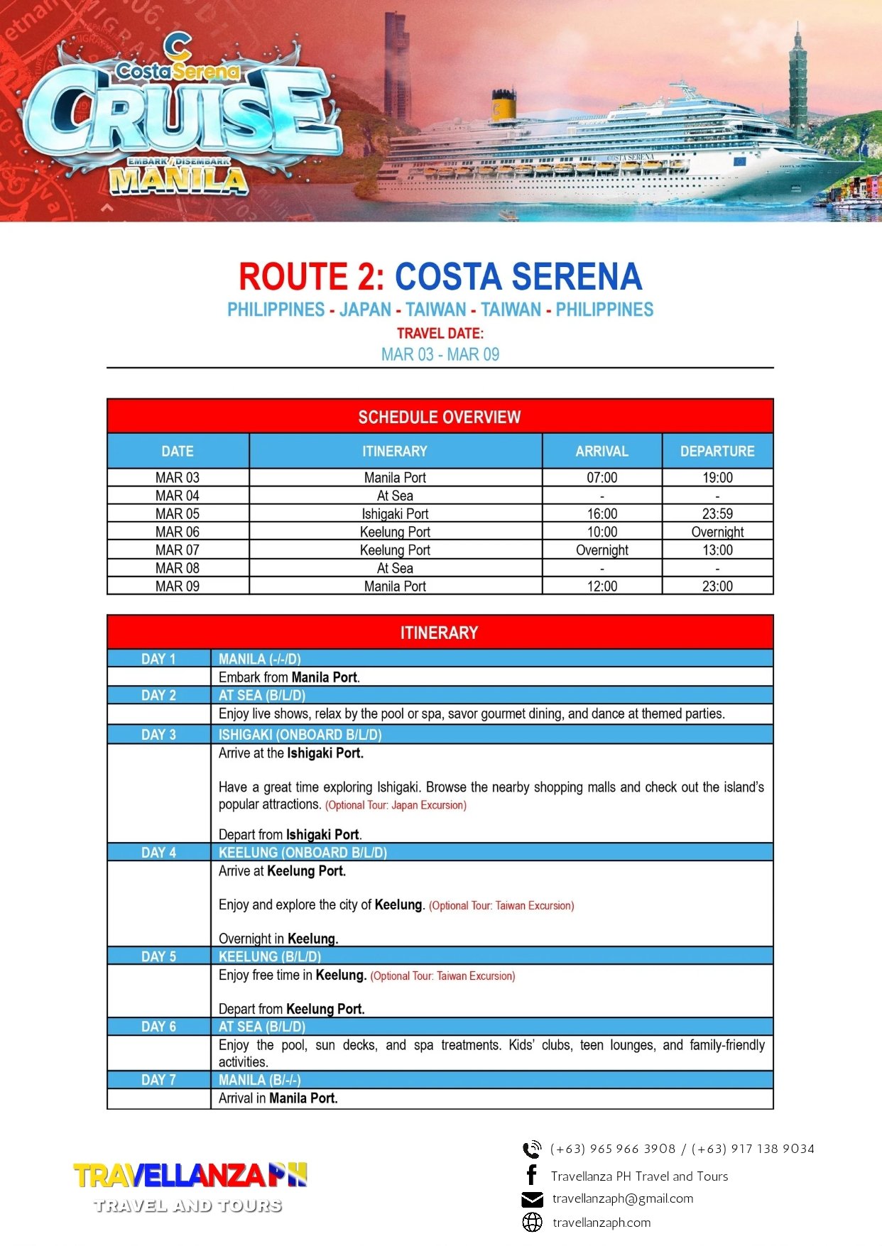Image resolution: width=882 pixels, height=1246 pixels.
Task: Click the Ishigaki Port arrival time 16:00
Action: click(601, 513)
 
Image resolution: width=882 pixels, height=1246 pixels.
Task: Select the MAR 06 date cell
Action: click(178, 532)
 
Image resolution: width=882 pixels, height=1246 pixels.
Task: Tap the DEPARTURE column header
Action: click(717, 451)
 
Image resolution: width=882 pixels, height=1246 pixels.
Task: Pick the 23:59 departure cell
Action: click(717, 513)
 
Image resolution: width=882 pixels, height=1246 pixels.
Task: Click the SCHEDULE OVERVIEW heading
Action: click(440, 417)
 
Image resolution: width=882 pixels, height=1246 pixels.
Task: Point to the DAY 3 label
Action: click(158, 735)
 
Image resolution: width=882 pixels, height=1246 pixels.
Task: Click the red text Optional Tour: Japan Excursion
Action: click(396, 805)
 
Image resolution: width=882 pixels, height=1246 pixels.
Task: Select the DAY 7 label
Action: click(158, 1080)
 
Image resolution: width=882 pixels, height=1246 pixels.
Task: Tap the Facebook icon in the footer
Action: click(531, 1175)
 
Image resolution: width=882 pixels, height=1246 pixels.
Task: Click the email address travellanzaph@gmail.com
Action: click(623, 1198)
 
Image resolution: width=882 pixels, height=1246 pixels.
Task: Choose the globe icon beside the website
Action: click(532, 1222)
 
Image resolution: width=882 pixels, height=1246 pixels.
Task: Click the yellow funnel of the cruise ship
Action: click(504, 106)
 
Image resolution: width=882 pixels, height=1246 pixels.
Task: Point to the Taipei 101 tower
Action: click(797, 82)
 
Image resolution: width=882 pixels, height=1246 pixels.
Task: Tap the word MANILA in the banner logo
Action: click(178, 182)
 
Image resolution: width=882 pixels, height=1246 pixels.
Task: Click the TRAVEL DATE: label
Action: click(440, 333)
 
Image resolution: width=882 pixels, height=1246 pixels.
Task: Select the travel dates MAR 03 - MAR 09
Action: click(440, 354)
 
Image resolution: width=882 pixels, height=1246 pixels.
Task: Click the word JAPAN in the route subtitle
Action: click(365, 310)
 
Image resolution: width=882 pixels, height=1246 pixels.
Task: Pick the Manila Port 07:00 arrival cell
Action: click(601, 477)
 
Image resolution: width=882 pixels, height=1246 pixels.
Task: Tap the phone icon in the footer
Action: click(531, 1149)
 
